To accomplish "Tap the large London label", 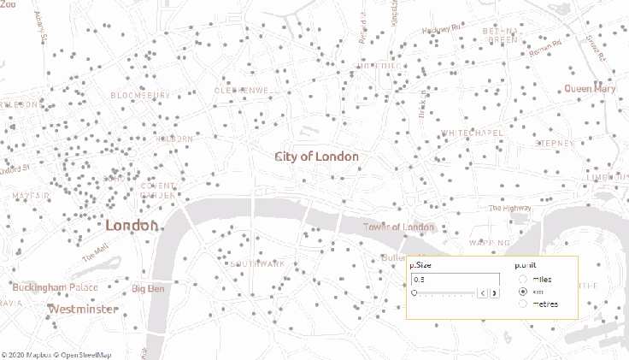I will (x=132, y=226).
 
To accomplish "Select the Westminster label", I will (x=83, y=309).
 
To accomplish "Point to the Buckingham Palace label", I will (x=55, y=287).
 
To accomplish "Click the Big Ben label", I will (x=148, y=289).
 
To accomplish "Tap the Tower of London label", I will (x=398, y=227).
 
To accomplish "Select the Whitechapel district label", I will (x=472, y=133).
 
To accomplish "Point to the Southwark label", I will (x=257, y=263).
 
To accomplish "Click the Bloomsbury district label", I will (x=134, y=96).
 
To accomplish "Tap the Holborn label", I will (x=173, y=138).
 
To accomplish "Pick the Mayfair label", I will (x=31, y=196).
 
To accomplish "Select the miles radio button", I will (x=522, y=280).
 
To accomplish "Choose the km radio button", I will (x=522, y=292).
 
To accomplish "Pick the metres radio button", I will (x=522, y=304).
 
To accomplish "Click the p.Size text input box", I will (x=455, y=280).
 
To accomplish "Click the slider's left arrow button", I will (x=482, y=293).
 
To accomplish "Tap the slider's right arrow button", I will (x=494, y=293).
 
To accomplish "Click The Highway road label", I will (x=508, y=208).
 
